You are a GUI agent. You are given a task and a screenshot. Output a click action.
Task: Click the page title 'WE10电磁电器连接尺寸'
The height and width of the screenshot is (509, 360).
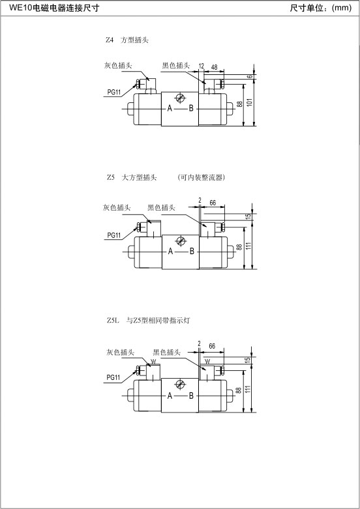[54, 8]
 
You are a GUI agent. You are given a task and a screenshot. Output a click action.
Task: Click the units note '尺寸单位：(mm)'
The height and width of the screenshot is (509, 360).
[321, 8]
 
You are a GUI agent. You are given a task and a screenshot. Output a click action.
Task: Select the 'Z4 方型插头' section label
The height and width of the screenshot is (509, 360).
[127, 40]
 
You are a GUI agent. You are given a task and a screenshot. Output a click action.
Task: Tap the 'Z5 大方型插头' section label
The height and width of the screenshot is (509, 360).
[132, 177]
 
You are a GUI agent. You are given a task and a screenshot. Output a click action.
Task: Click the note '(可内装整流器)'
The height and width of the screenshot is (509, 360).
[202, 177]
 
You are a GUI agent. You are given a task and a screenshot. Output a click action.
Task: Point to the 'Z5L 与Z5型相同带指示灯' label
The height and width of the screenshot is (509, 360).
[148, 321]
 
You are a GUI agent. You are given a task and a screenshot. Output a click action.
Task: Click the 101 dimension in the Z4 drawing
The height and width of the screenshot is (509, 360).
[250, 102]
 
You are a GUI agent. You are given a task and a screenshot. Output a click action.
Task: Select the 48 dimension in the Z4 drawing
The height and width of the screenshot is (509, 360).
[214, 67]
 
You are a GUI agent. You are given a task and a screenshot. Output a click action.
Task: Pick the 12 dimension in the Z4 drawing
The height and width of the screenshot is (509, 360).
[202, 66]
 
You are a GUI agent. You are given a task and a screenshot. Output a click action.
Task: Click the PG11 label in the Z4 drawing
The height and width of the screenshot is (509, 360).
[114, 92]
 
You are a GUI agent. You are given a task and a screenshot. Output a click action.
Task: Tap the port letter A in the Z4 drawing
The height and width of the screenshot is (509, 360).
[170, 108]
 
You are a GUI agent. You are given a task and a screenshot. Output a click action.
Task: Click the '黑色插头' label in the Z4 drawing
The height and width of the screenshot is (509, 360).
[176, 66]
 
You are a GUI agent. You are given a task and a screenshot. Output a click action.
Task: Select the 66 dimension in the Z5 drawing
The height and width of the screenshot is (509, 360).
[213, 203]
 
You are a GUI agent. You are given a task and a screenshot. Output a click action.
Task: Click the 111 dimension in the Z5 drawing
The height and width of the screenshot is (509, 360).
[249, 246]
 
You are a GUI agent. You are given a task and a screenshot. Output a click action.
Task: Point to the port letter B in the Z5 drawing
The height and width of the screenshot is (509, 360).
[192, 251]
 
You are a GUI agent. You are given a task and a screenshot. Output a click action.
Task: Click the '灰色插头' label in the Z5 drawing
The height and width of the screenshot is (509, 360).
[117, 207]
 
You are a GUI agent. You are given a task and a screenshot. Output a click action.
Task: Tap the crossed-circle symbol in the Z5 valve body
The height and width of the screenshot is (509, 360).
[180, 241]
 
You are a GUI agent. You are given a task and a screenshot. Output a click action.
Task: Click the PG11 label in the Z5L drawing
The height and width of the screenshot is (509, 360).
[113, 377]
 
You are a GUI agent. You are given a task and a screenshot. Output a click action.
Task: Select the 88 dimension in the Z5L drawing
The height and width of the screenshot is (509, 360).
[239, 390]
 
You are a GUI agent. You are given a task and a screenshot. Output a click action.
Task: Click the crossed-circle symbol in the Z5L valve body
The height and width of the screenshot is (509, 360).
[180, 385]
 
